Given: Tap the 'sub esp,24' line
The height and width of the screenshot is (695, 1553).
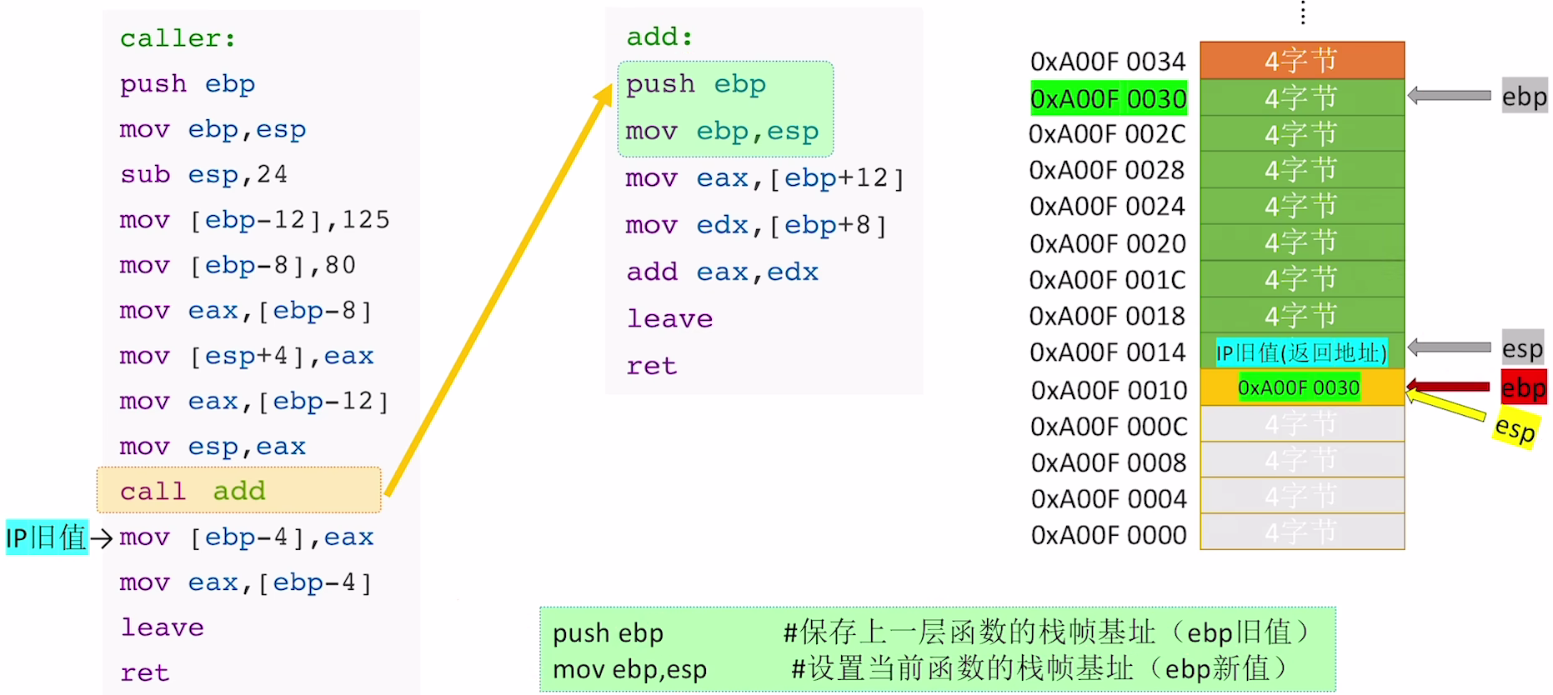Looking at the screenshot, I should [203, 174].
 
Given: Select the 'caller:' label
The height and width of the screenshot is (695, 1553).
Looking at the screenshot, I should [178, 38].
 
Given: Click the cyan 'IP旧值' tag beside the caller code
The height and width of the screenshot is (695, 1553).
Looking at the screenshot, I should [47, 537].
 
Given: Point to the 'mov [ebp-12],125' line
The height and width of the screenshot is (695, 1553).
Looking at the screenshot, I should [254, 220].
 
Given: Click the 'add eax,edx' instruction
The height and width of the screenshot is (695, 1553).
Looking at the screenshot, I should [722, 272].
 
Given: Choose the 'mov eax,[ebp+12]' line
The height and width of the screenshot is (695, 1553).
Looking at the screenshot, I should [764, 178].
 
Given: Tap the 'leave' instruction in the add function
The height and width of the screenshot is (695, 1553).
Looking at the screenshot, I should [669, 318].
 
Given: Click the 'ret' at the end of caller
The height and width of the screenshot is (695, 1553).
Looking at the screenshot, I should [144, 672].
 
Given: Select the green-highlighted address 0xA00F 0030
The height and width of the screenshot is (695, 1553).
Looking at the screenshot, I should [1108, 98].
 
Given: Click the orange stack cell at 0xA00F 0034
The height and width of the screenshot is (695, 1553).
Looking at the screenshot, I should [1301, 60].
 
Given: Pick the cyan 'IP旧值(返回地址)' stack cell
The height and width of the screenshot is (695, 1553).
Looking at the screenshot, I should [1301, 352].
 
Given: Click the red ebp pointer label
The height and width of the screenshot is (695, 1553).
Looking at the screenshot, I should [1523, 387].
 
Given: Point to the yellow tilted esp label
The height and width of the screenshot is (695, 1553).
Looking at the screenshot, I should [1515, 428].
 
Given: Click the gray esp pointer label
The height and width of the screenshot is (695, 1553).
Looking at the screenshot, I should [1522, 349].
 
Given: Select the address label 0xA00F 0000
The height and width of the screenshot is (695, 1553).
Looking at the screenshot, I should [1108, 535].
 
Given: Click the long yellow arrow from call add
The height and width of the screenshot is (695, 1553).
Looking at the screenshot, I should [498, 292].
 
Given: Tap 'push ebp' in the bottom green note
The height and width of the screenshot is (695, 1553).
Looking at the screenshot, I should [608, 633].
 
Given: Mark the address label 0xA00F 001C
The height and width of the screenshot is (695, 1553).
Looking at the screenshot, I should [1107, 280].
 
